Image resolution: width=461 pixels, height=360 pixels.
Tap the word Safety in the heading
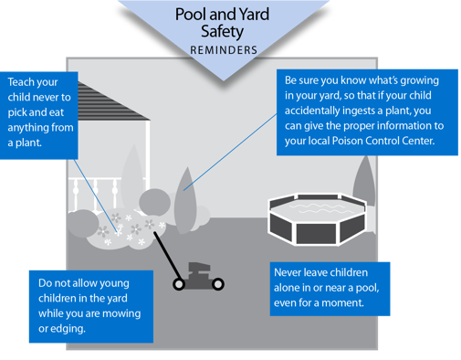[230, 32]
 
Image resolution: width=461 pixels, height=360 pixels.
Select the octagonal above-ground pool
[316, 220]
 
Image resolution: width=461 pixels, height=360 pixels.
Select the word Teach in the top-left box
[24, 79]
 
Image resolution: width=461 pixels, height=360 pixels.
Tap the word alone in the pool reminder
[293, 290]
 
